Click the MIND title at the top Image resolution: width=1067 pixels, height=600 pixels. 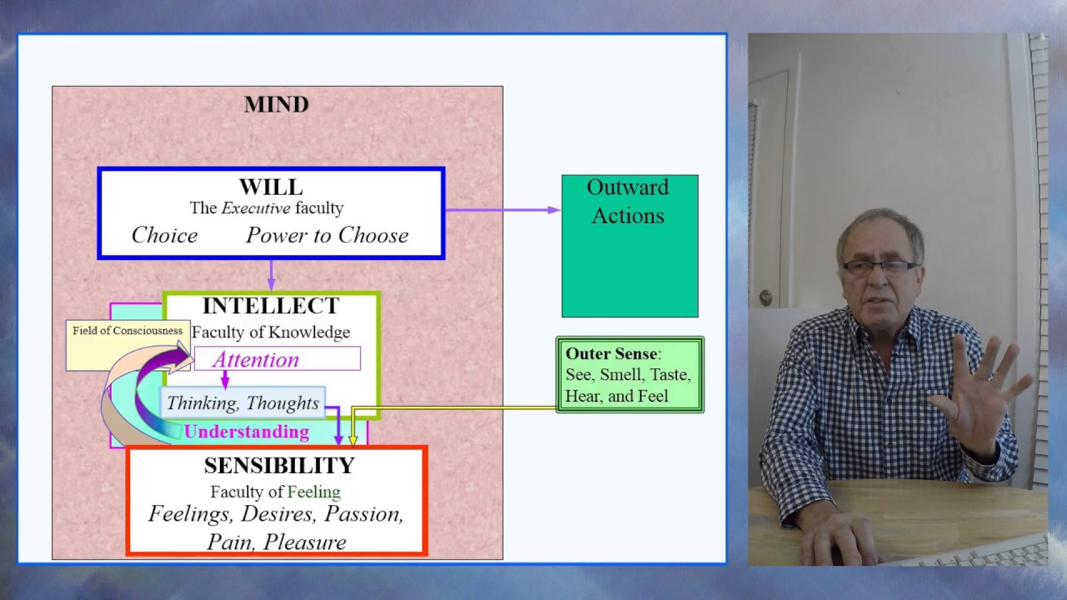[x=276, y=104]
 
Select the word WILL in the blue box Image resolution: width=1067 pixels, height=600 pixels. [x=270, y=187]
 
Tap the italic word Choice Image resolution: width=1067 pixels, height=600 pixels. [x=164, y=236]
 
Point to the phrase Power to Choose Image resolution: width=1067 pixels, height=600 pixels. [x=327, y=236]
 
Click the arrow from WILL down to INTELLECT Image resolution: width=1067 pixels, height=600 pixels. [x=271, y=275]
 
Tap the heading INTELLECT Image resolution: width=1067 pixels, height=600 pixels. [x=270, y=306]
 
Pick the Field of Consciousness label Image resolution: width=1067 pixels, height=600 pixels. [x=127, y=331]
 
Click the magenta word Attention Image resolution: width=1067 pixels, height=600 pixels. [x=255, y=360]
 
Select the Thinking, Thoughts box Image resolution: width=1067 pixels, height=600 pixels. [x=243, y=403]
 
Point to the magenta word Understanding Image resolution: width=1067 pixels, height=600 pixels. [x=246, y=432]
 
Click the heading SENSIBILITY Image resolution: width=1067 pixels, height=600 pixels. [x=279, y=466]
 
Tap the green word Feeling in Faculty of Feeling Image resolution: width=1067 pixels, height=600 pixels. [x=313, y=492]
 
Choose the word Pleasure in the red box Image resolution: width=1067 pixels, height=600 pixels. [x=304, y=542]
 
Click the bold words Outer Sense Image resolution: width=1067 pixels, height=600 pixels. [x=611, y=354]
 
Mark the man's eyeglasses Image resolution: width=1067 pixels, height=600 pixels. [x=879, y=267]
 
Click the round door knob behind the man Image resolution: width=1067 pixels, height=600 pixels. [x=765, y=297]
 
